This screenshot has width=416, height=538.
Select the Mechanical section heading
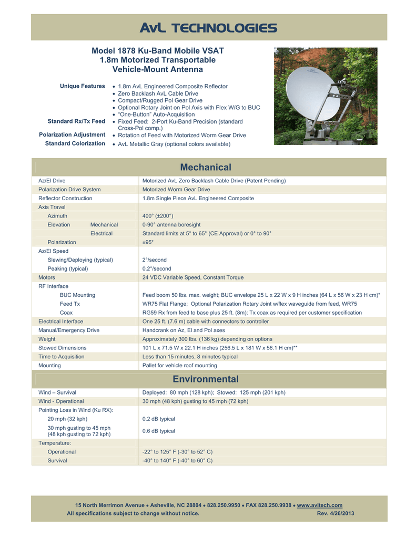coord(205,168)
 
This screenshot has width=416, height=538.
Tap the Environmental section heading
coord(205,379)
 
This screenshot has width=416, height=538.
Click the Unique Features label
coord(83,86)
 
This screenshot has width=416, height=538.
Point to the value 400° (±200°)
coord(158,216)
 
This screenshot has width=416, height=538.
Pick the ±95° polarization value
coord(148,242)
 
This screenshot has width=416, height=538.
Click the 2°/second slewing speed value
coord(155,260)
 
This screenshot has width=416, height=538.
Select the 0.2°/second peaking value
coord(157,268)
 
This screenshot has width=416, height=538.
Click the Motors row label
coord(47,277)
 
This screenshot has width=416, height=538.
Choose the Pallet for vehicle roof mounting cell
coord(179,365)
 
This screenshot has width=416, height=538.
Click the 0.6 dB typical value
coord(159,431)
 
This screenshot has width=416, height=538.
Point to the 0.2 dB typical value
coord(159,419)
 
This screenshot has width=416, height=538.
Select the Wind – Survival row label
coord(57,392)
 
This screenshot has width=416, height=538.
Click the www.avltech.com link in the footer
coord(320,505)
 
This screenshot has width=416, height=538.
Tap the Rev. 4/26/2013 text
coord(336,513)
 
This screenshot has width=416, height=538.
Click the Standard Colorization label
coord(75,143)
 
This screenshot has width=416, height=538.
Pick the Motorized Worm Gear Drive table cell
coord(176,189)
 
